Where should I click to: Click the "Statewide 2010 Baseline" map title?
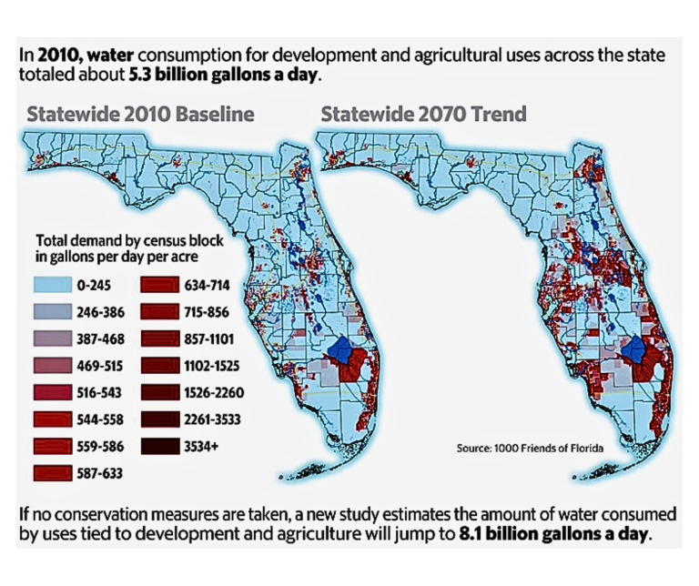coord(140,114)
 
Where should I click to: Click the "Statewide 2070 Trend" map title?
coord(423,114)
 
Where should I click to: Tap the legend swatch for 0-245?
coord(53,285)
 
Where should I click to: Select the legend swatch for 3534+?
coord(160,447)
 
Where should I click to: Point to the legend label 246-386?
coord(100,312)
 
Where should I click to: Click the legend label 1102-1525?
coord(212,367)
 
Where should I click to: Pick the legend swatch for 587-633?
coord(53,473)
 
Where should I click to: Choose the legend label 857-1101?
coord(209,339)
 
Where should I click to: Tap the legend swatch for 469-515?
coord(53,366)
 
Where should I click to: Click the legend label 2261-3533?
coord(212,419)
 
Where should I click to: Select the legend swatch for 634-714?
coord(160,285)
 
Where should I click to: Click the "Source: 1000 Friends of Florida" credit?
coord(530,449)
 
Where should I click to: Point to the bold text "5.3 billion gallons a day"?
coord(224,75)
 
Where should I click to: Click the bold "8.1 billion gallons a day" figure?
coord(552,533)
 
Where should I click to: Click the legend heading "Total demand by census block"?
coord(129,241)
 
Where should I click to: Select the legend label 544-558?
coord(100,419)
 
